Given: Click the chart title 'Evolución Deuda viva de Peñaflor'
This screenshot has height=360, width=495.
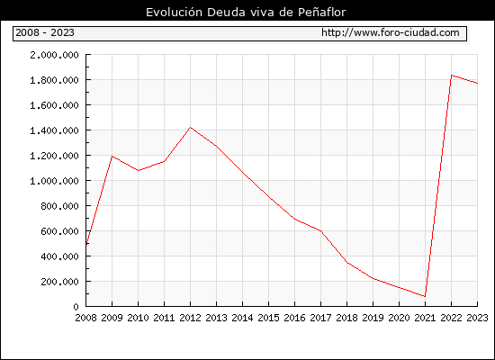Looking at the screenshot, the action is click(246, 13).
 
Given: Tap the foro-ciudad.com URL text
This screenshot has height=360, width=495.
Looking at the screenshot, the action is click(391, 32).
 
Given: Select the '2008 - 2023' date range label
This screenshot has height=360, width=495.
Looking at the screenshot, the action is click(45, 32).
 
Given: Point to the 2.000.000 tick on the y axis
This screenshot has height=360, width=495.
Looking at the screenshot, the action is click(54, 55).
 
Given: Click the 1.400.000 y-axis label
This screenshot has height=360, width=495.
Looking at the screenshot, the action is click(54, 130).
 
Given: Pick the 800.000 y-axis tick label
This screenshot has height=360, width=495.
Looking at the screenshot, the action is click(59, 206).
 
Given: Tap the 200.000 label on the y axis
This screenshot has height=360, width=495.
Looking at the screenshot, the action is click(59, 282).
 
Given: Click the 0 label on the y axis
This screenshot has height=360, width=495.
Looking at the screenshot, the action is click(76, 307).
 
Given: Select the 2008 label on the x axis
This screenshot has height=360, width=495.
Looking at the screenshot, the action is click(85, 318).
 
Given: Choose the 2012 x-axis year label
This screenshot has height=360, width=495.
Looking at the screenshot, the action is click(191, 318).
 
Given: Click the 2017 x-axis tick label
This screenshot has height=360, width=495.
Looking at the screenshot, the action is click(320, 318).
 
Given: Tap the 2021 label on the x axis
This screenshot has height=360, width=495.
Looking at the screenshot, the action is click(425, 318).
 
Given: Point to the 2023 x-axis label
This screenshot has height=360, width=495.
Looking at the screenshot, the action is click(477, 318).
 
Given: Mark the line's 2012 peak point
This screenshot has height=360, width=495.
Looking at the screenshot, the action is click(191, 127).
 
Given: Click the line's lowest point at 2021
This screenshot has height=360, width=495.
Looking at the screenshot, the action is click(425, 296).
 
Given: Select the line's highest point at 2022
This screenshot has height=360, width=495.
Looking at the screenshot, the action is click(452, 76).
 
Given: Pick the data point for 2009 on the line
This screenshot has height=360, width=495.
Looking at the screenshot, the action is click(112, 157).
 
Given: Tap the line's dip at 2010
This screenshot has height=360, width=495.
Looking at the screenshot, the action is click(139, 170).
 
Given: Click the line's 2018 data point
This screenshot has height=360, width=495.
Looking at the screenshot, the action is click(346, 262).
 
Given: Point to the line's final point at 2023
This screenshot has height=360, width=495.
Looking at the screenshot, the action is click(477, 84).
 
